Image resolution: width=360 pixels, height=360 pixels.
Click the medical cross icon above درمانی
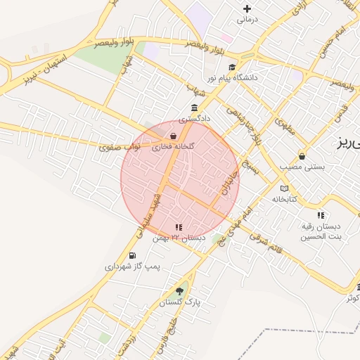[x=247, y=9]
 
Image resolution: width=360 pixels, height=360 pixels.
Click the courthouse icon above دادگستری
[x=194, y=108]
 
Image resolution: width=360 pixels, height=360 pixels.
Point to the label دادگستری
[x=194, y=120]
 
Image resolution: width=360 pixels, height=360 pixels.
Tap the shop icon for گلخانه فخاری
[x=173, y=136]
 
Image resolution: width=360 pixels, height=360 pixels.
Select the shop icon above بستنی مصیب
[x=302, y=156]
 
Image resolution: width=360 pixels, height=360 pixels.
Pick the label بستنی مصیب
[x=302, y=167]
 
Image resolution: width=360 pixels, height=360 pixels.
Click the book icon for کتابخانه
[x=284, y=188]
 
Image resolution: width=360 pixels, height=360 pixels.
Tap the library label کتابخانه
[x=285, y=200]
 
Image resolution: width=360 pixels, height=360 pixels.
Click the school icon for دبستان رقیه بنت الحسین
[x=321, y=215]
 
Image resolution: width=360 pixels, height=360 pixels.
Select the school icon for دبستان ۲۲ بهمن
[x=179, y=227]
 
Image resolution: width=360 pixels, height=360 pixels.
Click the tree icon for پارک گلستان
[x=179, y=291]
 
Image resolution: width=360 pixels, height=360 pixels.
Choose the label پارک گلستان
[x=179, y=302]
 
